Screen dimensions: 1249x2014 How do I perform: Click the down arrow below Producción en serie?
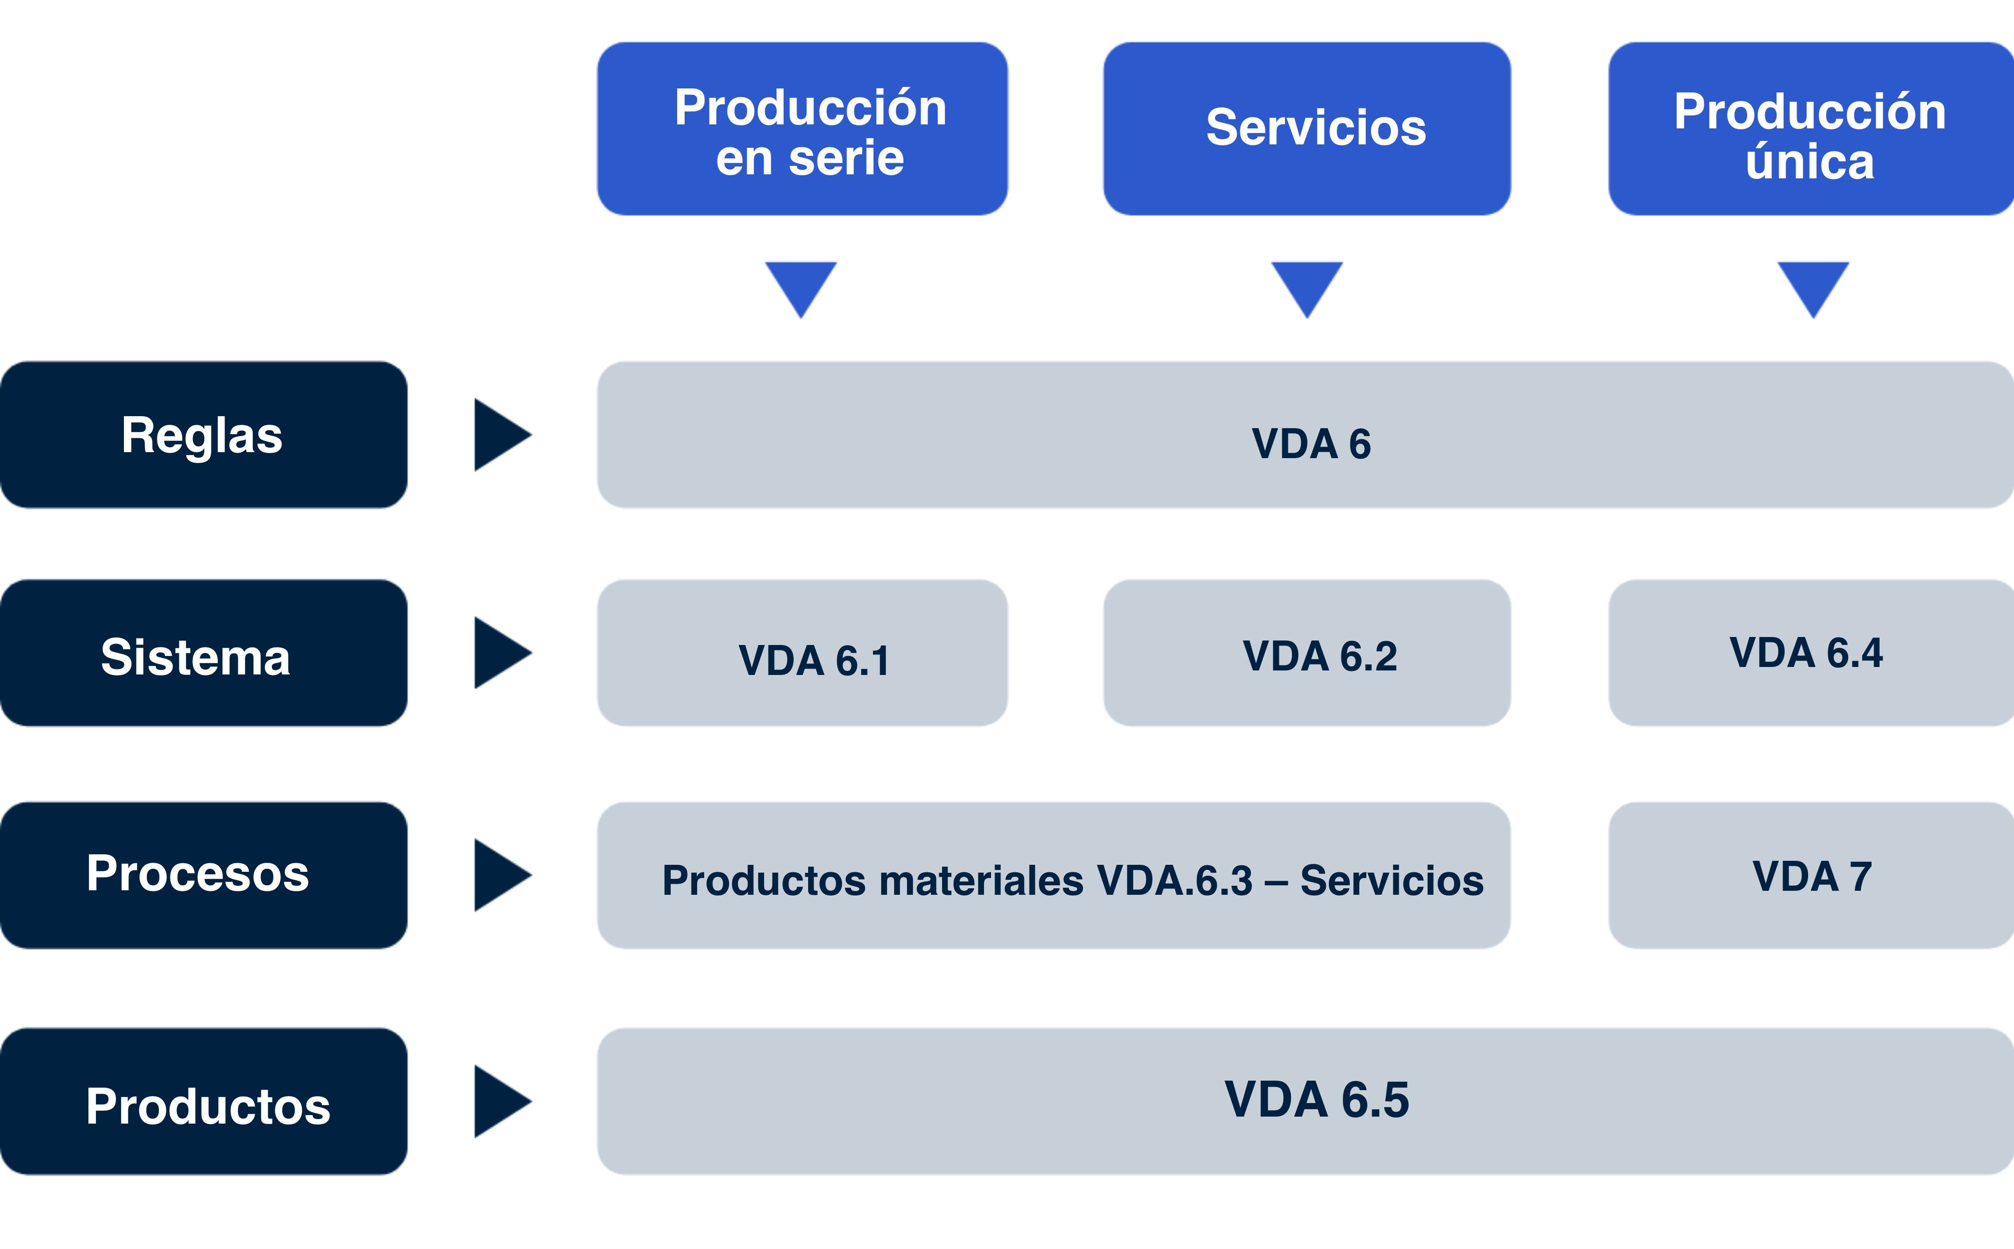pos(801,285)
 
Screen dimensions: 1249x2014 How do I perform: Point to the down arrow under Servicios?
pos(1307,285)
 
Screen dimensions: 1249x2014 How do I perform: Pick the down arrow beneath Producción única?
pos(1813,285)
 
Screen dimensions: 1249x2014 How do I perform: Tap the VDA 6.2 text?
pos(1319,656)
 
